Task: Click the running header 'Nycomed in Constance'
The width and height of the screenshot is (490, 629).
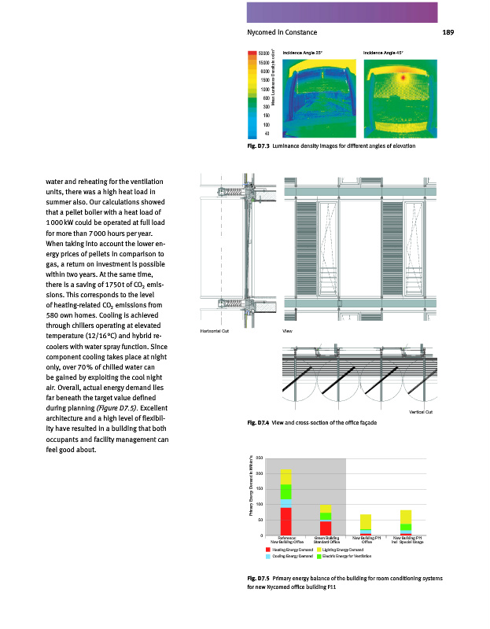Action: (x=282, y=32)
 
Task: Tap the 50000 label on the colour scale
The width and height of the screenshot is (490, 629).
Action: (x=264, y=52)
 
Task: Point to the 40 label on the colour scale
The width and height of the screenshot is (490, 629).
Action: (x=267, y=134)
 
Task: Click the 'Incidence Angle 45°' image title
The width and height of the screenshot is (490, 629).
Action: (x=383, y=51)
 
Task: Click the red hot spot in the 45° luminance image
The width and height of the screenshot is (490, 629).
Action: (x=403, y=79)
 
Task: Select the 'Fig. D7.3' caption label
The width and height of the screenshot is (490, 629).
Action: (x=258, y=146)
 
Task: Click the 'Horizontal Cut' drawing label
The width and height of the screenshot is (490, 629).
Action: (x=215, y=332)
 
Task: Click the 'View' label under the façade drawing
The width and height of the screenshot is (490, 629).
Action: (x=287, y=332)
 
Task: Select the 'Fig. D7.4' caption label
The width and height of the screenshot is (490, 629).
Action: (x=258, y=423)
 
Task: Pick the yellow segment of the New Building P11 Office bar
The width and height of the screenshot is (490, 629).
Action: (x=366, y=521)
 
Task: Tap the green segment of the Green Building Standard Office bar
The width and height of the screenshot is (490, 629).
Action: (x=326, y=516)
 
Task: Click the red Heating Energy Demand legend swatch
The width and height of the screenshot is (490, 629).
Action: (x=269, y=550)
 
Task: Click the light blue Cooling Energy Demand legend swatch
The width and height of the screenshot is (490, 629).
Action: (x=269, y=557)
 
